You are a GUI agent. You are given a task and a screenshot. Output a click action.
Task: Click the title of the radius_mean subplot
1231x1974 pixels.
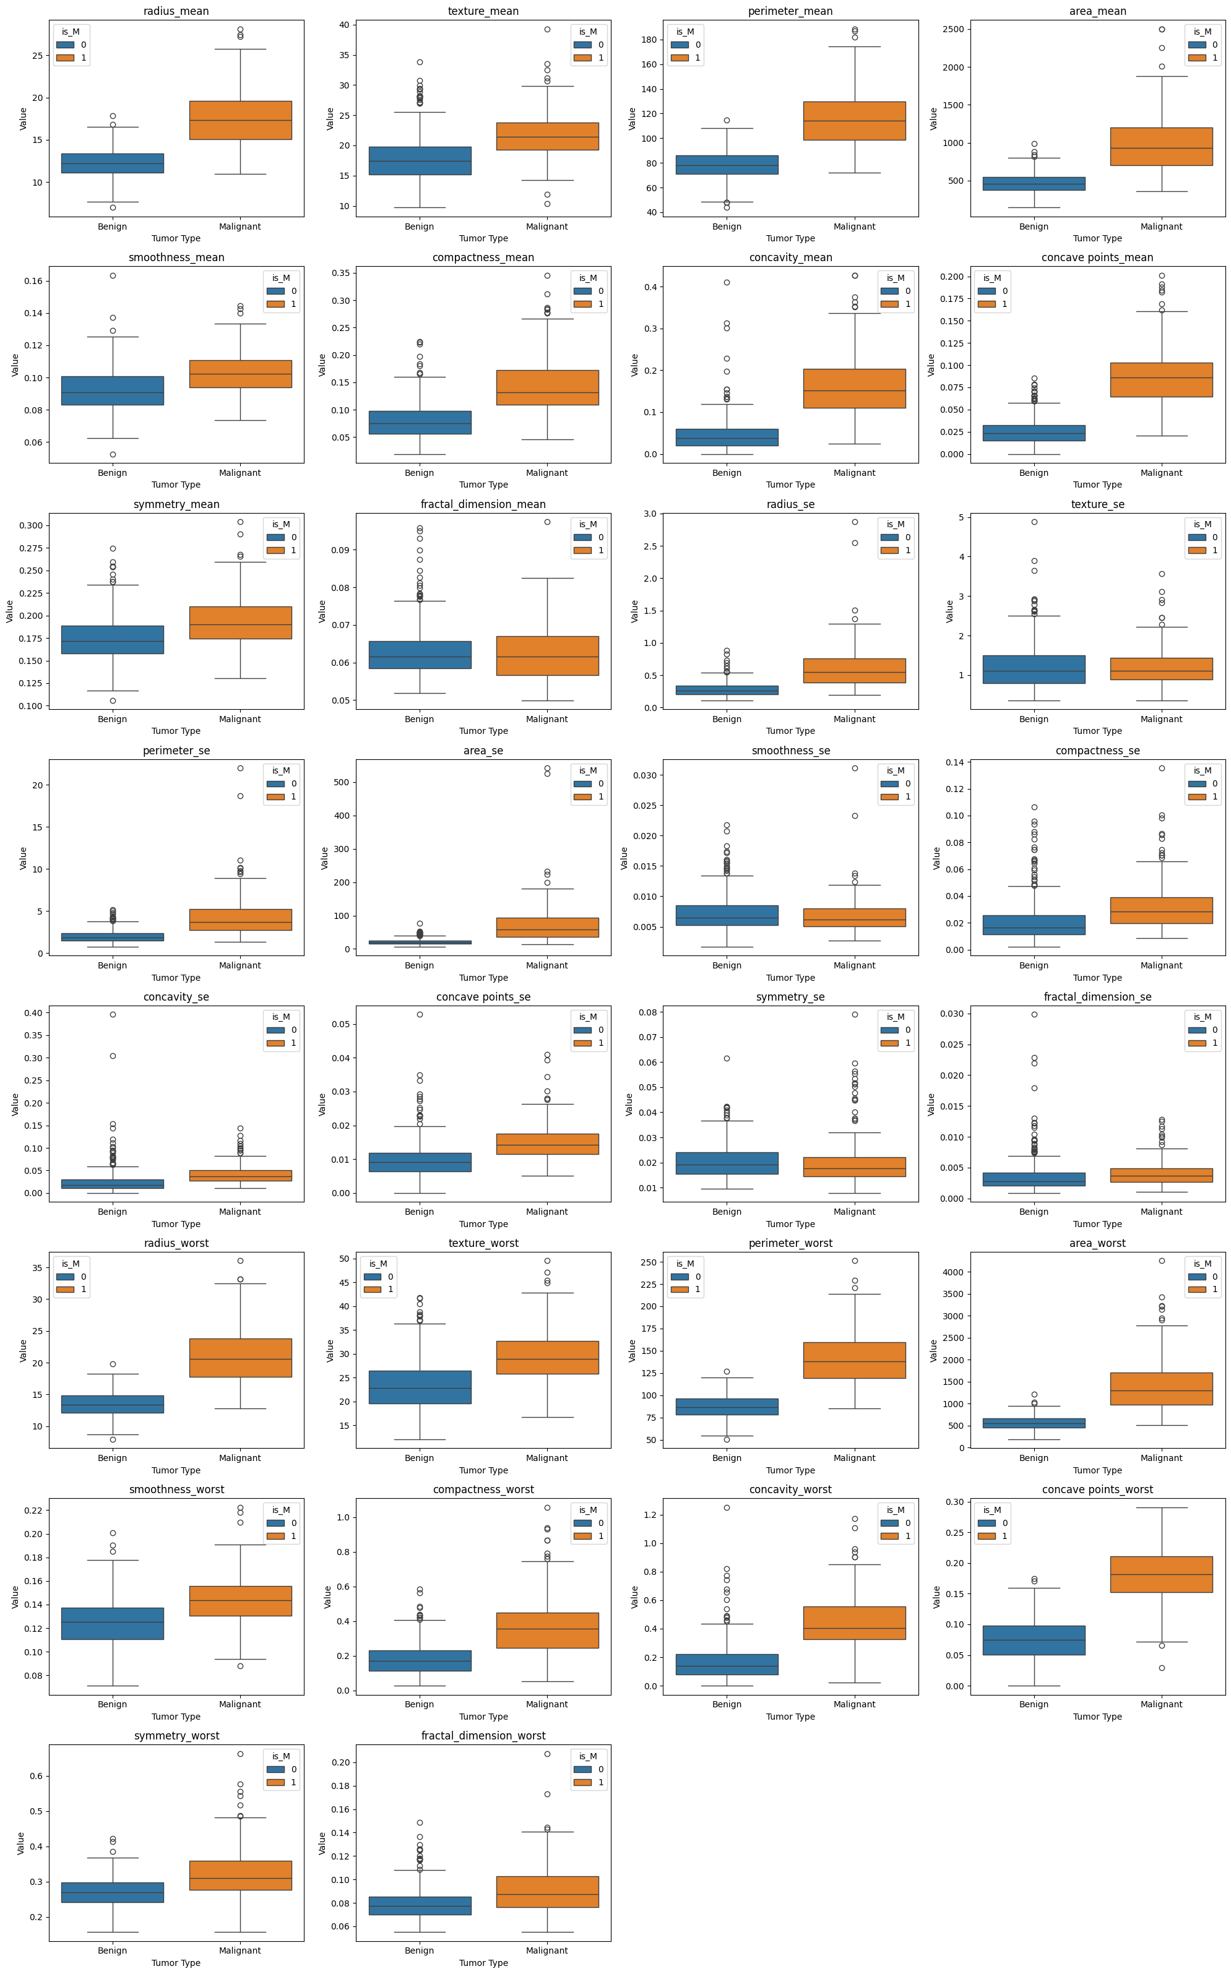[x=176, y=11]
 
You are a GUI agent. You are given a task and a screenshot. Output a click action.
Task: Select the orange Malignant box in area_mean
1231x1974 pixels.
[x=1161, y=147]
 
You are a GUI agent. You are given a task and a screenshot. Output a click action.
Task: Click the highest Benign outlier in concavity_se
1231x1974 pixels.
[x=113, y=1014]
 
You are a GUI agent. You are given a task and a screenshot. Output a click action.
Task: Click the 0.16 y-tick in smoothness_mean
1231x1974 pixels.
[x=33, y=281]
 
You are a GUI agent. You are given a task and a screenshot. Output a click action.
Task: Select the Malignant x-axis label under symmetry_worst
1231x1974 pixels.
[x=240, y=1950]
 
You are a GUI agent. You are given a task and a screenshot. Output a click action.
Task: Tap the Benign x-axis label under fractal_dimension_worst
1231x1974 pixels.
[x=419, y=1950]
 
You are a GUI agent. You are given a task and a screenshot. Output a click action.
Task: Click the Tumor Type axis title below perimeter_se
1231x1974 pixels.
[x=176, y=978]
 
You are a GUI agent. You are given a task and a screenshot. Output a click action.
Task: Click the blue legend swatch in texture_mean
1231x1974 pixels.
[x=583, y=45]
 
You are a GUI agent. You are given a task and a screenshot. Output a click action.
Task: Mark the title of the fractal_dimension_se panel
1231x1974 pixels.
[x=1097, y=997]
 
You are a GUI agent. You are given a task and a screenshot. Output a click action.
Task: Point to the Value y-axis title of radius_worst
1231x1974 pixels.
[x=23, y=1351]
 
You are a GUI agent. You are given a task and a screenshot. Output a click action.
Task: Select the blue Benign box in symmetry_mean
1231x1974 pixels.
[x=113, y=640]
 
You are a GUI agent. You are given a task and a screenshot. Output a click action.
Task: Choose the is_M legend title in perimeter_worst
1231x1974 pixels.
[x=686, y=1264]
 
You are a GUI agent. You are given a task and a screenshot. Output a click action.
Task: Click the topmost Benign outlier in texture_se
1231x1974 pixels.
[x=1034, y=522]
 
